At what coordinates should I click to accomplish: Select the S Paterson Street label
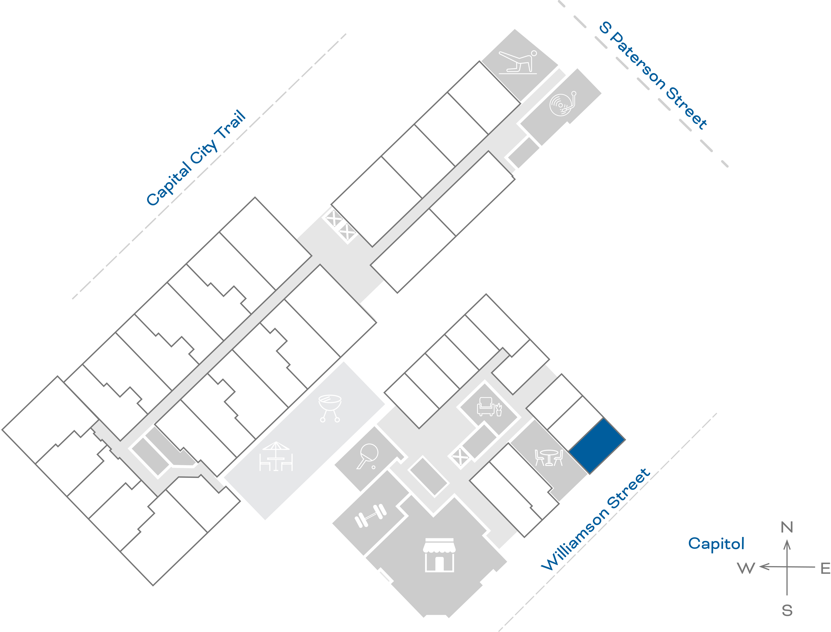(x=653, y=75)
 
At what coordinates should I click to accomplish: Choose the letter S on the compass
(x=787, y=610)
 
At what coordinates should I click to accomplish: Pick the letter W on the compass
(x=746, y=568)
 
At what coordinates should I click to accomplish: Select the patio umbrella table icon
(x=276, y=456)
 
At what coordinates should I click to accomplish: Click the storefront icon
(x=439, y=555)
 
